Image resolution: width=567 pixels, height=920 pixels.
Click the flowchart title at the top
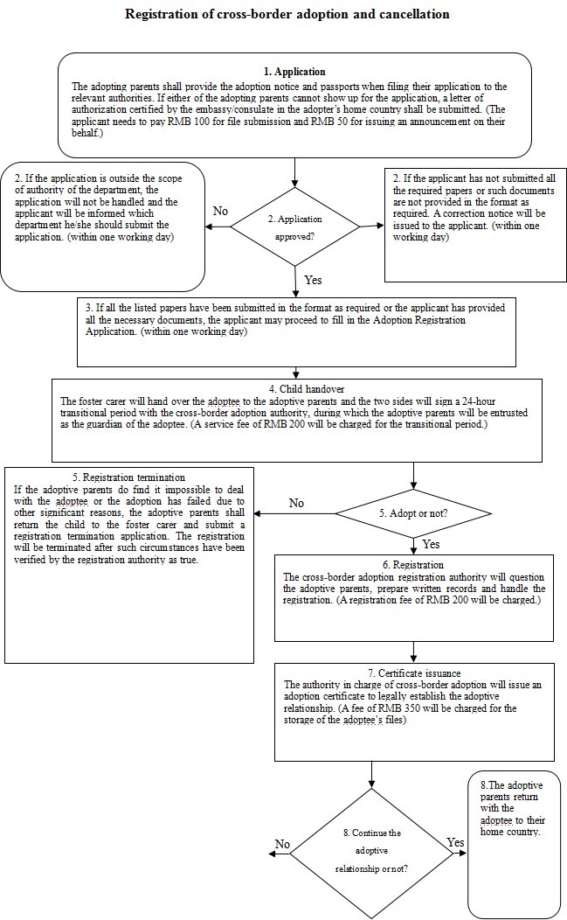click(287, 15)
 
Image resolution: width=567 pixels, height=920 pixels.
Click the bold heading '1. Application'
click(294, 72)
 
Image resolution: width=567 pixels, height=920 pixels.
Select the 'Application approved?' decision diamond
click(295, 225)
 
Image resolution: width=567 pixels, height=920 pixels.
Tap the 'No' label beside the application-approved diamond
click(221, 211)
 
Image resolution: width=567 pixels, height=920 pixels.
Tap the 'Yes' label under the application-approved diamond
click(314, 280)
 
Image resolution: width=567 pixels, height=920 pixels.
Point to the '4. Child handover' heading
click(298, 388)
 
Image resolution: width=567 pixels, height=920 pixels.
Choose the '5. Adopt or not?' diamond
click(414, 513)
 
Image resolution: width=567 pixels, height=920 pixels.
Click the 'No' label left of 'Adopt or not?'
click(296, 504)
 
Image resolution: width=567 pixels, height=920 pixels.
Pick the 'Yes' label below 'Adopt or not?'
click(431, 544)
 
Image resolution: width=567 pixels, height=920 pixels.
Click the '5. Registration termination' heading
click(128, 477)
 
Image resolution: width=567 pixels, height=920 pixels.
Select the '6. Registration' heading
click(414, 565)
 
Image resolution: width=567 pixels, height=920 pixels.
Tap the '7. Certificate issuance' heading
click(414, 672)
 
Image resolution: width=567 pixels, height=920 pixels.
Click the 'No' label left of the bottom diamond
click(282, 844)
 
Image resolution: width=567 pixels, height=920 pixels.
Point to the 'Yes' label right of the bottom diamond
click(455, 842)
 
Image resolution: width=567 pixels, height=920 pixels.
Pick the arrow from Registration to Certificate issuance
click(414, 652)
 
